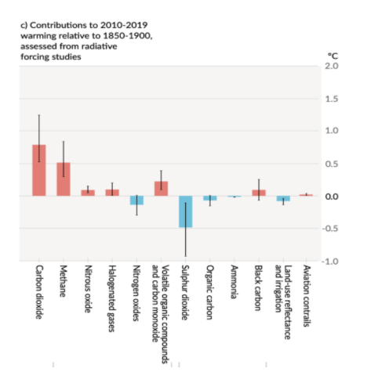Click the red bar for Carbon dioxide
click(39, 170)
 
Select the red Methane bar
click(64, 179)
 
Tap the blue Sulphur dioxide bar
click(186, 211)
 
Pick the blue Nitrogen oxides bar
click(136, 200)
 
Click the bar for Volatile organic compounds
click(162, 189)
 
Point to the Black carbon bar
click(259, 193)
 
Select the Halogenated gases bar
click(112, 193)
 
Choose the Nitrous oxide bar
click(88, 193)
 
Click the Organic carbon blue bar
click(210, 198)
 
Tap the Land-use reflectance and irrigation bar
click(283, 198)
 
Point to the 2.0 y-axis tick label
click(332, 66)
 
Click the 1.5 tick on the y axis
click(332, 99)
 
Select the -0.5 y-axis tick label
click(330, 229)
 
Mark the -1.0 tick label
click(330, 261)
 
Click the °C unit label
click(332, 56)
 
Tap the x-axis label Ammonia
click(234, 282)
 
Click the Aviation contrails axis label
click(307, 296)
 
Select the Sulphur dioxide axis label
click(185, 293)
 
